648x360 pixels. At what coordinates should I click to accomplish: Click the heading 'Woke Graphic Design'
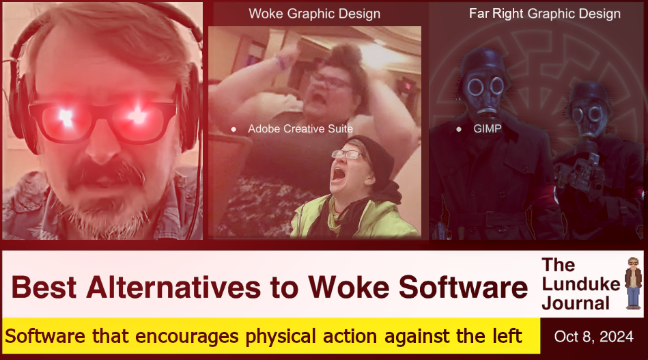tap(315, 14)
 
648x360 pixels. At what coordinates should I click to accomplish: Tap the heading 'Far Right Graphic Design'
tap(545, 14)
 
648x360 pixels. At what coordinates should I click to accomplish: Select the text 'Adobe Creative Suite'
tap(300, 129)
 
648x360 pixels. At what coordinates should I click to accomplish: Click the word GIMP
tap(488, 129)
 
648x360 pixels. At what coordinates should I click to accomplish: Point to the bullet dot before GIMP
tap(459, 129)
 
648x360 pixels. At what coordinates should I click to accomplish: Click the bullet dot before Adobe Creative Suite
tap(234, 129)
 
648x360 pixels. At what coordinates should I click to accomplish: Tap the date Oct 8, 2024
tap(594, 337)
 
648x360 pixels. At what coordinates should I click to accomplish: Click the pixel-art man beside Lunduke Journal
tap(633, 283)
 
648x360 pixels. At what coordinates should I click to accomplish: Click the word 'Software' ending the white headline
tap(463, 288)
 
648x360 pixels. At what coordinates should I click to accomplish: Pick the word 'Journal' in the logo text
tap(576, 303)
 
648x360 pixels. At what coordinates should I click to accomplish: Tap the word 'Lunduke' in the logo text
tap(581, 284)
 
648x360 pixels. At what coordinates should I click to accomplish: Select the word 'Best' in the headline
tap(44, 288)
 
